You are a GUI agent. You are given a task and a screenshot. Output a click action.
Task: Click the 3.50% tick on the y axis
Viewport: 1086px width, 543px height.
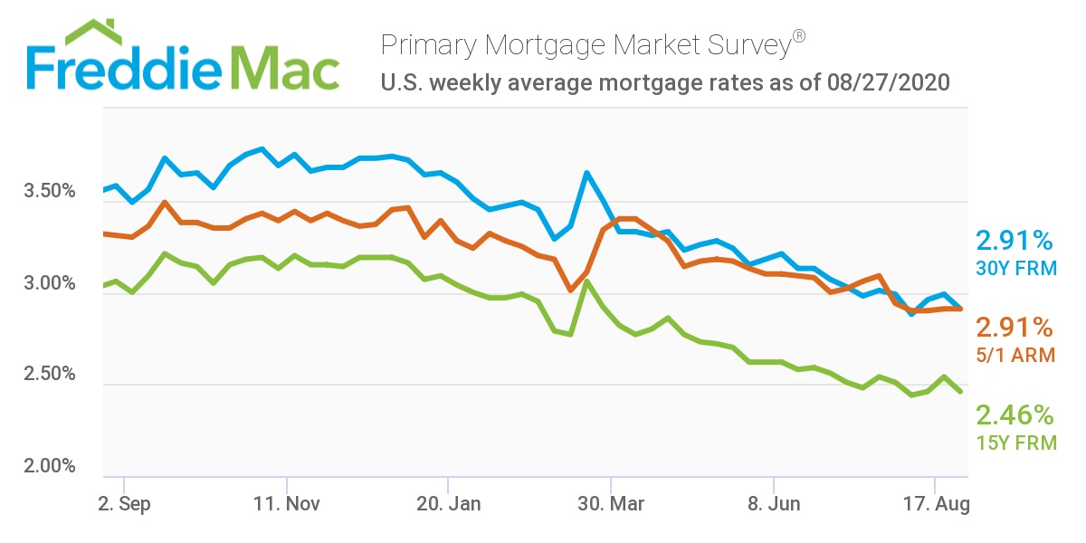[48, 192]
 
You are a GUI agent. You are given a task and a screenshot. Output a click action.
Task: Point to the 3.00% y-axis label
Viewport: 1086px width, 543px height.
[48, 283]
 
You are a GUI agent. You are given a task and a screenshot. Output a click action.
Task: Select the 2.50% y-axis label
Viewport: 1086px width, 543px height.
[48, 375]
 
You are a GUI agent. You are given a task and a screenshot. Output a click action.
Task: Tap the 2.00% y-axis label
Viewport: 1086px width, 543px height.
[48, 466]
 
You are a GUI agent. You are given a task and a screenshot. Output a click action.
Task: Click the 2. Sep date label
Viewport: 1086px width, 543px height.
[124, 503]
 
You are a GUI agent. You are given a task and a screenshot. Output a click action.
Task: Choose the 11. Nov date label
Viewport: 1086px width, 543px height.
[287, 503]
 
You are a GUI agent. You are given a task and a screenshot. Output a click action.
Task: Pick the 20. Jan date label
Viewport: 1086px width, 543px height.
[448, 503]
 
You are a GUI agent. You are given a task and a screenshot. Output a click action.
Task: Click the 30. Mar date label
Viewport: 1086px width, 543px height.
[612, 503]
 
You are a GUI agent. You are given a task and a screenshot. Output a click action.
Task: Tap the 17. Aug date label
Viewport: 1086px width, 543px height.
[934, 503]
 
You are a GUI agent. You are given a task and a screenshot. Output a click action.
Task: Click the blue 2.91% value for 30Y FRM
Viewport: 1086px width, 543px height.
[1014, 241]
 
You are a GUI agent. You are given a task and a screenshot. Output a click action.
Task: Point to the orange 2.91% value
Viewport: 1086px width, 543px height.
[1014, 328]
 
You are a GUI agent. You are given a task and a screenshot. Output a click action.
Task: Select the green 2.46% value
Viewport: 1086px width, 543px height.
[1014, 415]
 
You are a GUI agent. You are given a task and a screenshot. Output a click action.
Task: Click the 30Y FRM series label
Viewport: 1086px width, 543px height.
[1015, 269]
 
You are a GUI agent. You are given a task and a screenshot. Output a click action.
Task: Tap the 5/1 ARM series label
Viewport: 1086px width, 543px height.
[1015, 356]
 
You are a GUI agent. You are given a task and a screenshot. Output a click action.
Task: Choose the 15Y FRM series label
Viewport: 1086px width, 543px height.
[1015, 443]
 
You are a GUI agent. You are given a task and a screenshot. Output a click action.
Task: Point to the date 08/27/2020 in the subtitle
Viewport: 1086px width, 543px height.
[888, 84]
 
